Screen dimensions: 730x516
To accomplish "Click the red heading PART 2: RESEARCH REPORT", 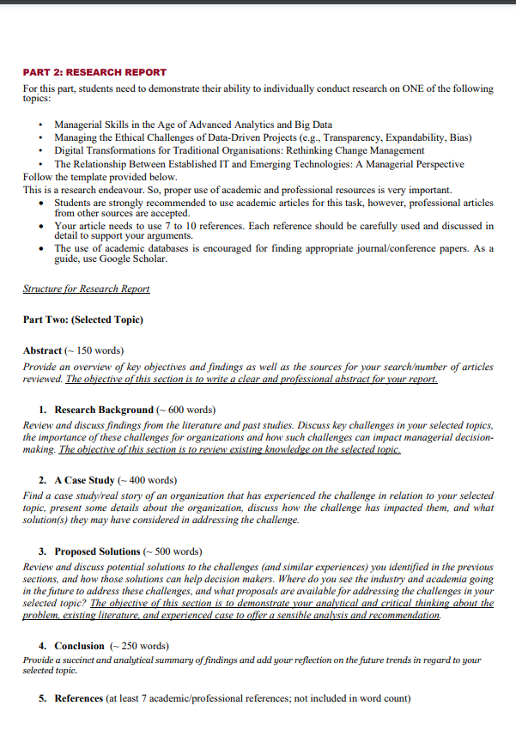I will (x=94, y=72).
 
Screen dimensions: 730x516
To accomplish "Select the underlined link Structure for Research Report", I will (x=87, y=289).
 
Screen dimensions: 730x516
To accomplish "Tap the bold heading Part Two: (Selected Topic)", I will (x=83, y=319).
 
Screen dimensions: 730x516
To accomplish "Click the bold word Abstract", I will (x=43, y=350).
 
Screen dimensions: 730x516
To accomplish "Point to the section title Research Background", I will (x=104, y=410).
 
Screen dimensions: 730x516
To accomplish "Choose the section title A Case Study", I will (x=84, y=480).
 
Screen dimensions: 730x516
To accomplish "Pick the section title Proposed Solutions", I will (x=97, y=551).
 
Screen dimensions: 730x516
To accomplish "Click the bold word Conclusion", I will (x=79, y=646).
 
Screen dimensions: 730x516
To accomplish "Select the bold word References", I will (x=80, y=698).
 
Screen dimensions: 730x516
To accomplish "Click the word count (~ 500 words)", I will (x=173, y=551).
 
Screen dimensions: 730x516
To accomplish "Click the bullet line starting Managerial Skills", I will (x=193, y=125).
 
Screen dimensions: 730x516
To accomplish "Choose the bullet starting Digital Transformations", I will (x=240, y=150).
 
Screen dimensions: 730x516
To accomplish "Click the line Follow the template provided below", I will (x=100, y=176).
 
